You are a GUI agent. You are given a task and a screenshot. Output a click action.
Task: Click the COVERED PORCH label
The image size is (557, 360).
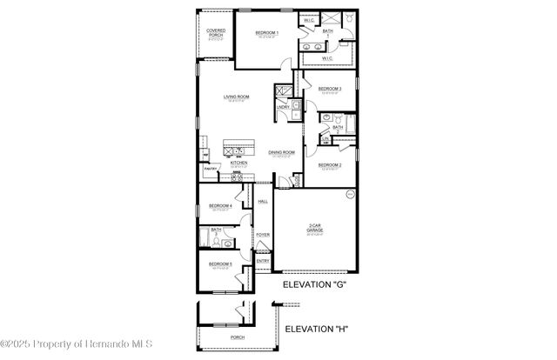click(x=216, y=33)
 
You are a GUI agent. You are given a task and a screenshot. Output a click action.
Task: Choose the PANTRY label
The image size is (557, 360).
click(x=210, y=169)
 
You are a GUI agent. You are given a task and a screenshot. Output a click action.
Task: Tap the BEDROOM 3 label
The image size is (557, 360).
click(x=329, y=89)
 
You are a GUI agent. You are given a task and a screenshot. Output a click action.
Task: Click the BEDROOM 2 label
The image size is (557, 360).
click(x=329, y=164)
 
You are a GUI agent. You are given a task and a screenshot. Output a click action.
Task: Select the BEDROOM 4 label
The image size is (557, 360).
click(x=220, y=206)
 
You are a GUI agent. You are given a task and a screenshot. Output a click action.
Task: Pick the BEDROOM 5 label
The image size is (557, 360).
click(x=220, y=263)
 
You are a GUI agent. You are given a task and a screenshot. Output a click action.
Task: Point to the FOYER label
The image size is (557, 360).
click(x=262, y=235)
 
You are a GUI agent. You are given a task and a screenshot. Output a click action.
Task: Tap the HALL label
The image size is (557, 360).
click(x=262, y=201)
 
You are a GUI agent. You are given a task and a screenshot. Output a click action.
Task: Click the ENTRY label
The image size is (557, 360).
click(x=263, y=260)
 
